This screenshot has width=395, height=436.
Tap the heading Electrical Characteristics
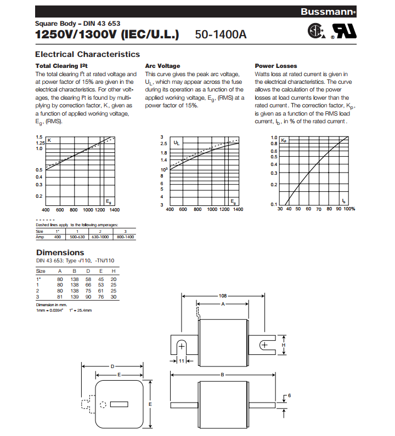click(x=87, y=54)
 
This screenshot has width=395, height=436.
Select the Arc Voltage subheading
click(x=162, y=66)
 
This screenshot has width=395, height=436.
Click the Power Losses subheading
click(x=276, y=66)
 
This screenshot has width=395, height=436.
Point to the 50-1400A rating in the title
click(x=221, y=35)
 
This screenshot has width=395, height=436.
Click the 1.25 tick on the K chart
click(x=39, y=142)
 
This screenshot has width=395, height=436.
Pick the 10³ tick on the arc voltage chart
click(x=163, y=170)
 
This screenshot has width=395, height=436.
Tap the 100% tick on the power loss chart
click(x=349, y=209)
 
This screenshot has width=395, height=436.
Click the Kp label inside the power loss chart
click(x=284, y=141)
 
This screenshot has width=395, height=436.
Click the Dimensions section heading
click(x=60, y=253)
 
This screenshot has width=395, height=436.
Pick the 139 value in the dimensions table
click(x=75, y=297)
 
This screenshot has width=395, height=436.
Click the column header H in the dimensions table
click(x=113, y=271)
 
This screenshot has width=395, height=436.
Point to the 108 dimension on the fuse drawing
click(x=223, y=295)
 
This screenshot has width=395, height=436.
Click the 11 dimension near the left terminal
click(x=182, y=362)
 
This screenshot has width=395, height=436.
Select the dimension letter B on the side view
click(x=223, y=375)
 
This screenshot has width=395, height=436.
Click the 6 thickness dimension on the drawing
click(x=289, y=395)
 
